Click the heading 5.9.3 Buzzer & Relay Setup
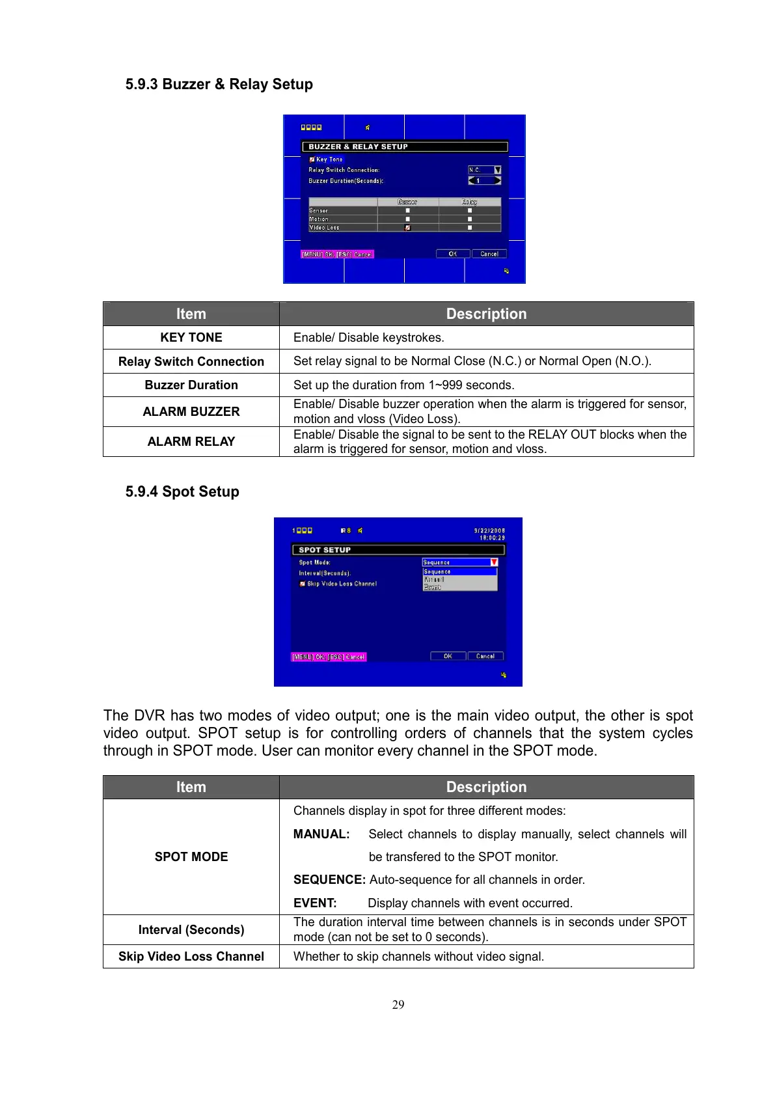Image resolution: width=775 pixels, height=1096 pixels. pyautogui.click(x=219, y=84)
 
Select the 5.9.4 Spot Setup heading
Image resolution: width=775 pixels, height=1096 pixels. pyautogui.click(x=182, y=491)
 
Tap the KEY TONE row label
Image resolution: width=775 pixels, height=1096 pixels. pyautogui.click(x=191, y=337)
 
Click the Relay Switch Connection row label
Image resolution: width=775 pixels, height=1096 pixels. pyautogui.click(x=191, y=361)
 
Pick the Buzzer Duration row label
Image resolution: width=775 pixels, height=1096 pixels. pyautogui.click(x=191, y=385)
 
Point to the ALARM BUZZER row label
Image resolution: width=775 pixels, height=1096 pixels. pyautogui.click(x=191, y=411)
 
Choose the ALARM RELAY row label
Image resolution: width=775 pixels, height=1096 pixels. pyautogui.click(x=191, y=441)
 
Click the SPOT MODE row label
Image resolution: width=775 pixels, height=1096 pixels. pyautogui.click(x=191, y=856)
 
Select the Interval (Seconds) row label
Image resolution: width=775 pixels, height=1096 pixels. pyautogui.click(x=191, y=929)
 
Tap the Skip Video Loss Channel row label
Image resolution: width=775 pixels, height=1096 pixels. pyautogui.click(x=191, y=956)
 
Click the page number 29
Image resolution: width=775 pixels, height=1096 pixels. pyautogui.click(x=398, y=1004)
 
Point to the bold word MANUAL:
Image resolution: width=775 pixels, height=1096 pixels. pyautogui.click(x=321, y=834)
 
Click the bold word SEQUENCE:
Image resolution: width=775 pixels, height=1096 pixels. pyautogui.click(x=329, y=879)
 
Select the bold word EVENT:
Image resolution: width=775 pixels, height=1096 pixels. pyautogui.click(x=315, y=903)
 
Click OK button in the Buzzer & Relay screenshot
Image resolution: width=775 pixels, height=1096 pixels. pyautogui.click(x=452, y=254)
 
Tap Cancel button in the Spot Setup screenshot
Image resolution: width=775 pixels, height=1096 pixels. pyautogui.click(x=485, y=656)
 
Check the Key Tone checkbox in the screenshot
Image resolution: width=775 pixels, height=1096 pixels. pyautogui.click(x=312, y=159)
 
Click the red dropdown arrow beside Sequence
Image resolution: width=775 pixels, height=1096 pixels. pyautogui.click(x=494, y=562)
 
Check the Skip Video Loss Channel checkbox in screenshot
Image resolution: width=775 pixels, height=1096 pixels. pyautogui.click(x=303, y=584)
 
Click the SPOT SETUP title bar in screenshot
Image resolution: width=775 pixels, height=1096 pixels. pyautogui.click(x=398, y=550)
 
